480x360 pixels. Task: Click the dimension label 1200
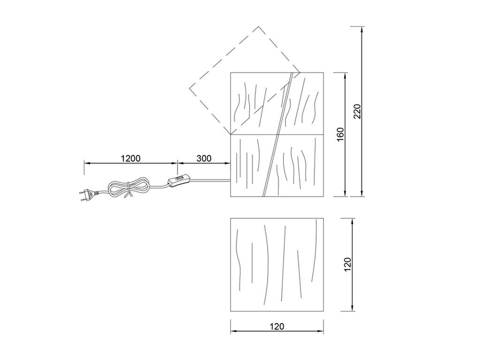[x=131, y=158]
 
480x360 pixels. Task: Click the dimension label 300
[x=204, y=158]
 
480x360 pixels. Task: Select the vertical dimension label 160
[x=340, y=135]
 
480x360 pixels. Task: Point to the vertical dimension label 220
[x=357, y=111]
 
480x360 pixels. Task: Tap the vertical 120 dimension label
[x=348, y=264]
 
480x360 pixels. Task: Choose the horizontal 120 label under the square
[x=277, y=327]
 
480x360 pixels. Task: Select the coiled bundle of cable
[x=128, y=187]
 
